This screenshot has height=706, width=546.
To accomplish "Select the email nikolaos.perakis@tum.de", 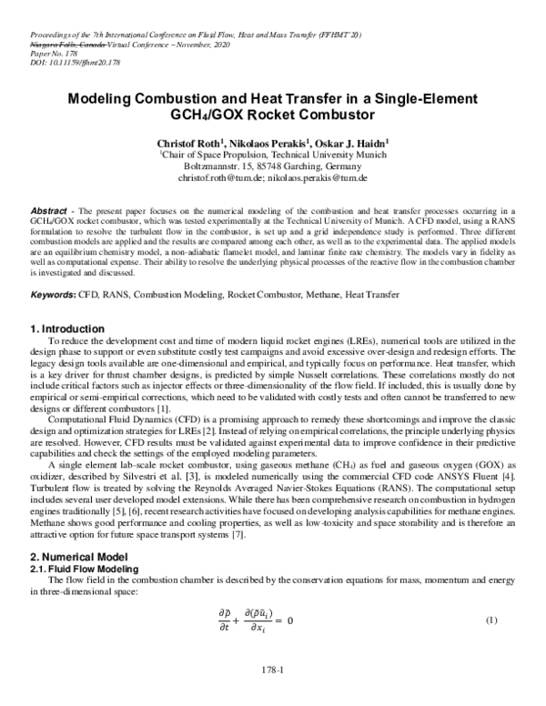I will [x=317, y=180].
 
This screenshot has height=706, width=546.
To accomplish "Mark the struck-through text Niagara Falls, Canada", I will [x=55, y=43].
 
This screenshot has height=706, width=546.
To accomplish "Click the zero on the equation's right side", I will [x=291, y=621].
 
